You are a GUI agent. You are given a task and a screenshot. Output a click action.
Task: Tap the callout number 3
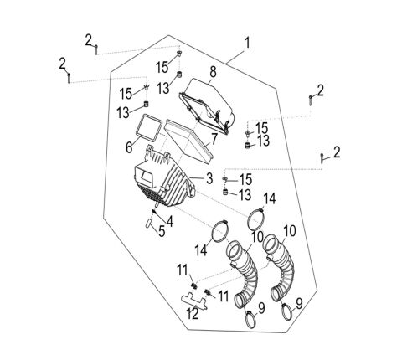tap(209, 177)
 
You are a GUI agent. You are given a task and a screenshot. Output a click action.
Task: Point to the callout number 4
tap(171, 221)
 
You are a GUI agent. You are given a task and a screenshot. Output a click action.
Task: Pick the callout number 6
tap(129, 147)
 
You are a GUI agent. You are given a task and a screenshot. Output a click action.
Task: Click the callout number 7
tap(214, 138)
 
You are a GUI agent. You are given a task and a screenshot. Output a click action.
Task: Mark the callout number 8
tap(213, 72)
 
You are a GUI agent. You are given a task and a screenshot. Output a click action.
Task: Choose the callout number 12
tap(192, 314)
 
